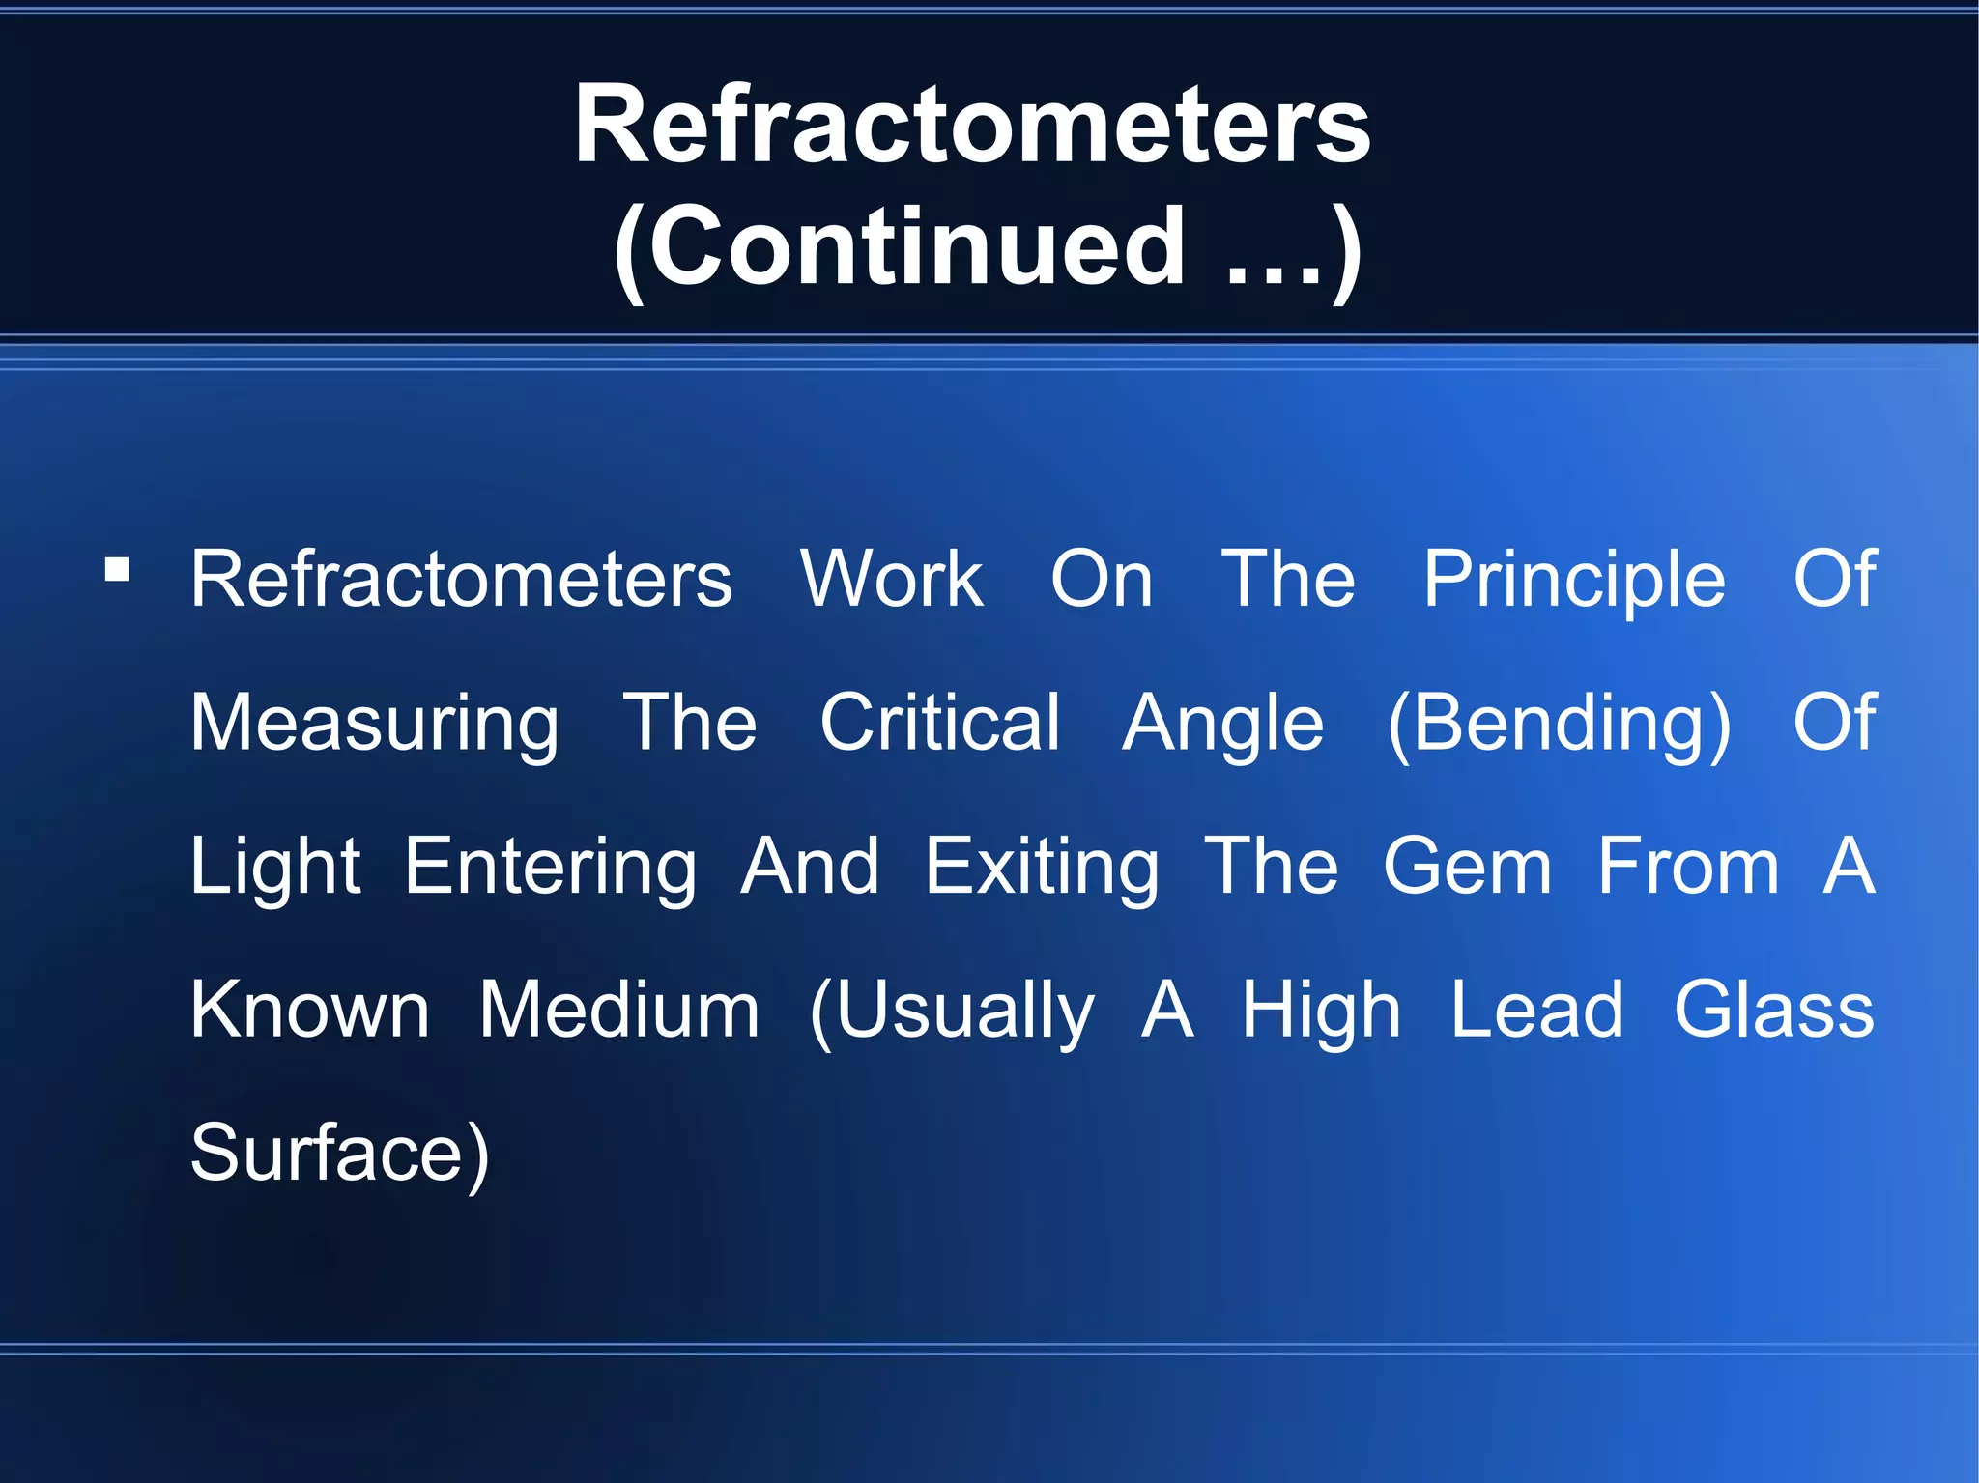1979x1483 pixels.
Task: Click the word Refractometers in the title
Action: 972,126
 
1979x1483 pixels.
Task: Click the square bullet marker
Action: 117,569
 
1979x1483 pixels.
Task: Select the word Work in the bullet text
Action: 892,580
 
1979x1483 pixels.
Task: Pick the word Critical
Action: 939,723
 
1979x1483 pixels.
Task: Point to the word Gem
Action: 1467,867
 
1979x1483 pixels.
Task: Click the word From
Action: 1687,867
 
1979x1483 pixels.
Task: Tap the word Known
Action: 309,1011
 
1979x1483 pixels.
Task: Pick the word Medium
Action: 619,1011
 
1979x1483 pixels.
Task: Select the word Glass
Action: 1774,1011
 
